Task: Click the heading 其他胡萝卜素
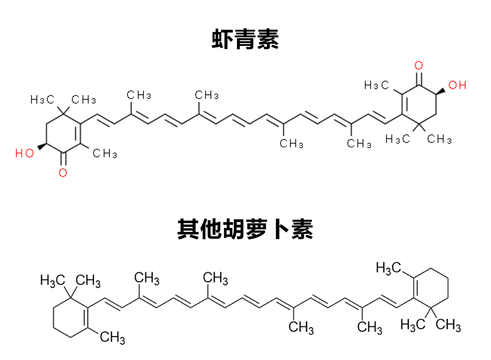(245, 229)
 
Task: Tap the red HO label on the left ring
(25, 153)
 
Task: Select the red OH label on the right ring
(457, 85)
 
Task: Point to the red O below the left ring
(63, 173)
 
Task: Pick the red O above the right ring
(419, 65)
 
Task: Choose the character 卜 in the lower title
(279, 229)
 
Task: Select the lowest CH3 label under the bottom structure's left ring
(112, 337)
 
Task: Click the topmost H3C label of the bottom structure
(388, 268)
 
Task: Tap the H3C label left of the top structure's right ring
(376, 85)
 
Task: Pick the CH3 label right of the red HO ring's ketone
(105, 153)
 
